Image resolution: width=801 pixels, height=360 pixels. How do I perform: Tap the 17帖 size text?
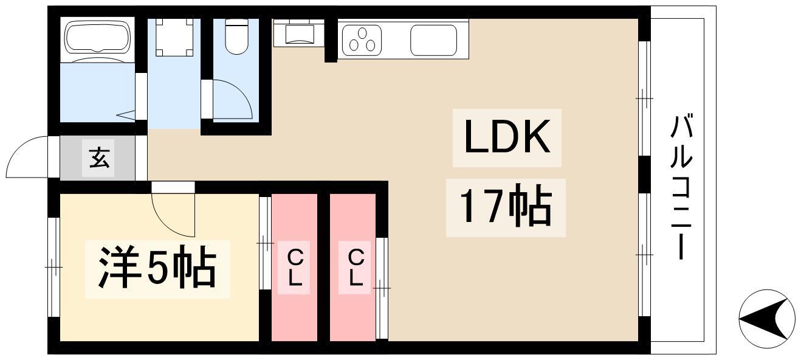click(x=506, y=207)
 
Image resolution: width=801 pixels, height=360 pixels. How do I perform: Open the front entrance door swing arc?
click(x=27, y=157)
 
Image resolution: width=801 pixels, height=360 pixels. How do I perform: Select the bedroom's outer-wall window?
click(x=53, y=266)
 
